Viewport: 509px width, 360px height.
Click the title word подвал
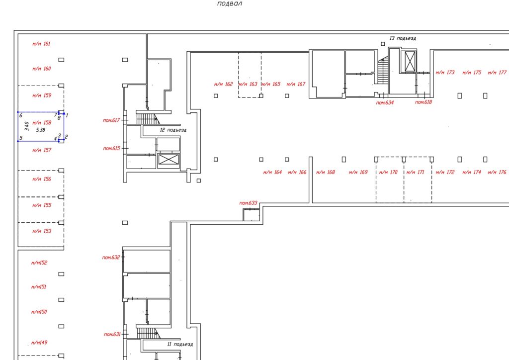[230, 4]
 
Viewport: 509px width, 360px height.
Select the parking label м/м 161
[41, 44]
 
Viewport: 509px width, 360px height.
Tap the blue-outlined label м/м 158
[42, 123]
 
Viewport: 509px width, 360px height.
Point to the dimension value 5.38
[41, 130]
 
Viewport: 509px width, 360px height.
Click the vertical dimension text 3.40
[27, 126]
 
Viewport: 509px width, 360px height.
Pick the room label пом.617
[111, 120]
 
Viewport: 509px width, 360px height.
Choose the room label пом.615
[112, 148]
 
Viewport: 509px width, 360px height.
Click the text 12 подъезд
[173, 130]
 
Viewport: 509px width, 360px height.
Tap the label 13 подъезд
[403, 38]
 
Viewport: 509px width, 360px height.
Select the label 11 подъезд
[180, 344]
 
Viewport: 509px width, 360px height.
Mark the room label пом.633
[249, 203]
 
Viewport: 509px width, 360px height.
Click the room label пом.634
[385, 102]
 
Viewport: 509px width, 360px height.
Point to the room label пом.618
[424, 102]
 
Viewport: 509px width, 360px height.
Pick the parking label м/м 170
[388, 172]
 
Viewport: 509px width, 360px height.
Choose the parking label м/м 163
[248, 84]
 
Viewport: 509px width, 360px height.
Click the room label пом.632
[111, 258]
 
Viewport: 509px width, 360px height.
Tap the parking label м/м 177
[497, 73]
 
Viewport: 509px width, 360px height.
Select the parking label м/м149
[39, 343]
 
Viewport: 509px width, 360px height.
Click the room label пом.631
[112, 334]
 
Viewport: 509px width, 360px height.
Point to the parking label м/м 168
[326, 172]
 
